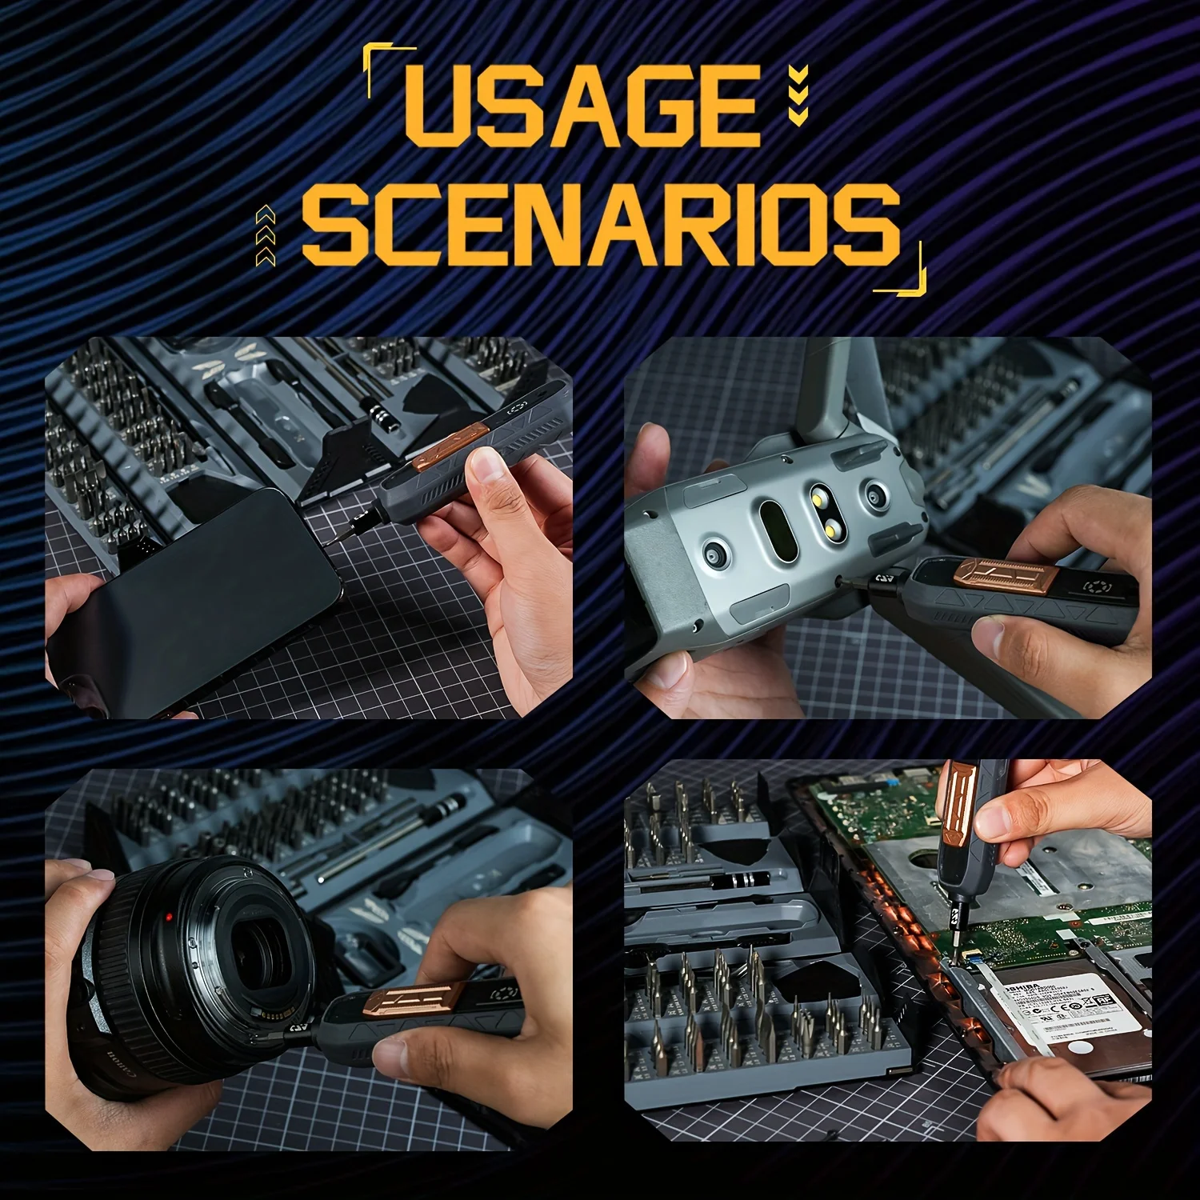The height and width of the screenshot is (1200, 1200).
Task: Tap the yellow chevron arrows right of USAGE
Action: coord(798,96)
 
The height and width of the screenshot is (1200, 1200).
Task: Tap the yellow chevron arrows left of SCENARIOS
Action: coord(266,235)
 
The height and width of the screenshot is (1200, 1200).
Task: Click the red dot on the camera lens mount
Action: coord(169,917)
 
